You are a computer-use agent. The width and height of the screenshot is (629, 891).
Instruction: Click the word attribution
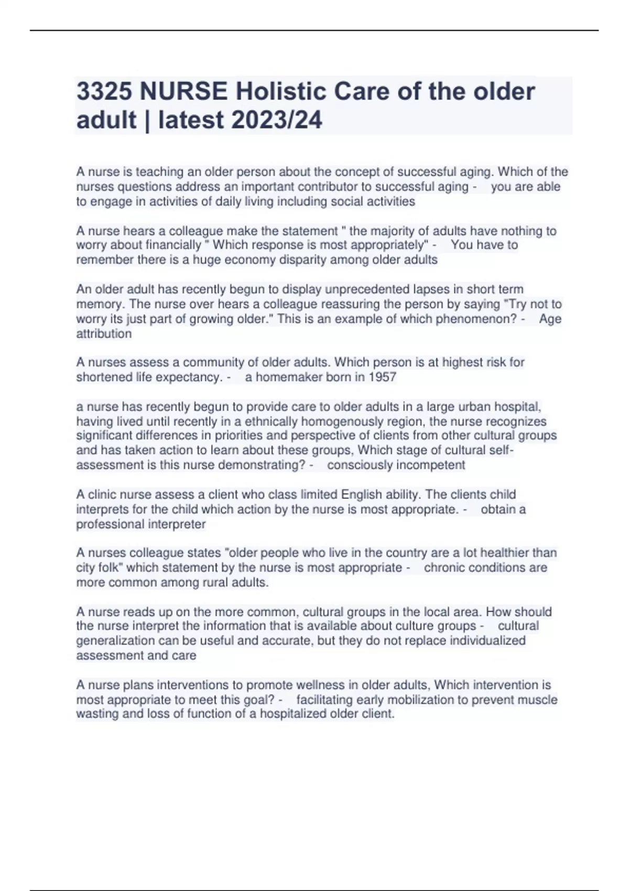tap(104, 334)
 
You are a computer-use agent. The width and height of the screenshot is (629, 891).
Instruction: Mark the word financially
tap(173, 245)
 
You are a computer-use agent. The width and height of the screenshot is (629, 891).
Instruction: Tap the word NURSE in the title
tap(183, 92)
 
